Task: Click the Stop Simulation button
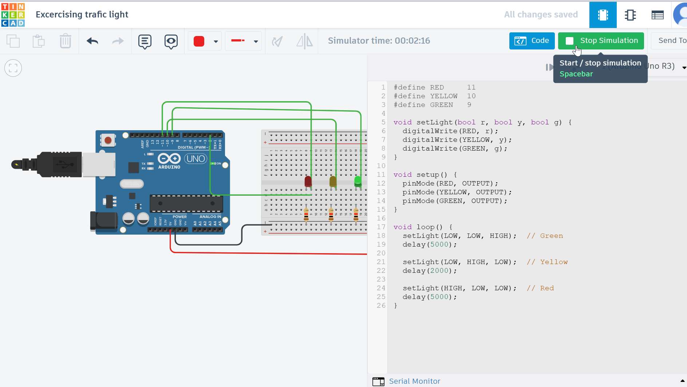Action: [601, 41]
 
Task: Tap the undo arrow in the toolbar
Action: [92, 41]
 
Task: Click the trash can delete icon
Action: [66, 41]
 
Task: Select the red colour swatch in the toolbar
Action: [199, 41]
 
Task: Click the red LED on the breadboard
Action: [308, 181]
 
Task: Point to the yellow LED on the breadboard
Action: [333, 181]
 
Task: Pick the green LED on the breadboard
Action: [358, 181]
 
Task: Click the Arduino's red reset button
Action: [108, 140]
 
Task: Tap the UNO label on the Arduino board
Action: [196, 159]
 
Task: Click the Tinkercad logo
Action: [13, 15]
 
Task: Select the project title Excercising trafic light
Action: [82, 15]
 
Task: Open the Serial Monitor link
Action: [414, 381]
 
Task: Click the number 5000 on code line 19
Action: [439, 244]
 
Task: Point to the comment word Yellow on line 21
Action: [554, 262]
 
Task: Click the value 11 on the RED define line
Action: [471, 87]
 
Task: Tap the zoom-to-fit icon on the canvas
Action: [13, 68]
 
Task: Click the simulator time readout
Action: [379, 41]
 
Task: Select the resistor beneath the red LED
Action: [306, 215]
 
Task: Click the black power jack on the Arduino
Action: [104, 221]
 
